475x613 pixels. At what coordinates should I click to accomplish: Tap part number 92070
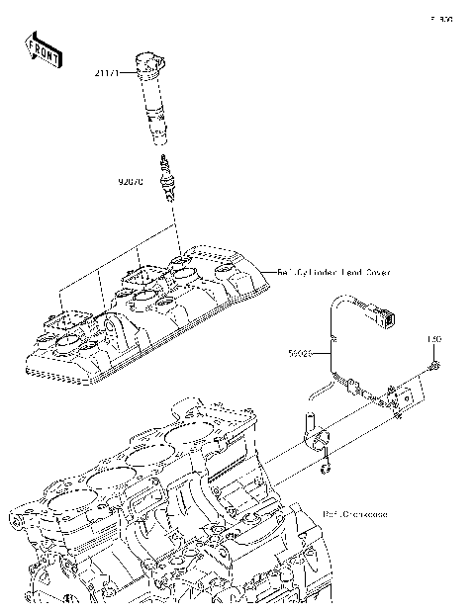pyautogui.click(x=131, y=183)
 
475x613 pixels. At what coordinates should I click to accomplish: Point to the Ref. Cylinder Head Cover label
pyautogui.click(x=333, y=270)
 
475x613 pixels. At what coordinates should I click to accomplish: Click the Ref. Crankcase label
pyautogui.click(x=355, y=514)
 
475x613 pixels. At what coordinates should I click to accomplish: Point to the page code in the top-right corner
pyautogui.click(x=440, y=19)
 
